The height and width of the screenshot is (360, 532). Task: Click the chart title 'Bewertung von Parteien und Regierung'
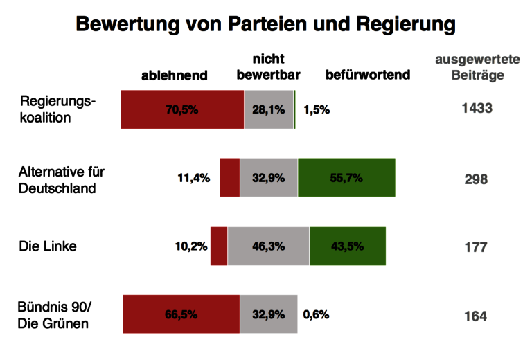[x=265, y=24]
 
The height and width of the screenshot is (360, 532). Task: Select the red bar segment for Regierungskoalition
[x=182, y=109]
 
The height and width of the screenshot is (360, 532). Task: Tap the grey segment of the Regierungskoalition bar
[x=269, y=109]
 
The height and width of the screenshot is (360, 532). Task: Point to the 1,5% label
[x=317, y=109]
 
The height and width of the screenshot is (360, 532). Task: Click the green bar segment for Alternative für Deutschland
[x=346, y=178]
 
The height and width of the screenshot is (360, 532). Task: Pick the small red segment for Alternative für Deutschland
[x=229, y=178]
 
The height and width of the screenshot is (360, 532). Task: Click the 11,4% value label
[x=193, y=178]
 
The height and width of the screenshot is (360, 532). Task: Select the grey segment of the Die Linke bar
[x=268, y=246]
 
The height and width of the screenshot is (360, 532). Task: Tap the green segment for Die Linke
[x=347, y=246]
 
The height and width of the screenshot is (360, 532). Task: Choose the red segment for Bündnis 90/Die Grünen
[x=181, y=314]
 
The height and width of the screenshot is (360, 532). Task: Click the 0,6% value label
[x=316, y=314]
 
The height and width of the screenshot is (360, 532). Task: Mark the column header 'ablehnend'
[x=175, y=75]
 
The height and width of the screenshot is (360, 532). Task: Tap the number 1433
[x=477, y=108]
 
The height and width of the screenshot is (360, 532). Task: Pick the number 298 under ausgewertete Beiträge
[x=476, y=179]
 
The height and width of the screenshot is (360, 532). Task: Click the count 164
[x=476, y=316]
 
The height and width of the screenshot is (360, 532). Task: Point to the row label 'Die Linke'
[x=48, y=246]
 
